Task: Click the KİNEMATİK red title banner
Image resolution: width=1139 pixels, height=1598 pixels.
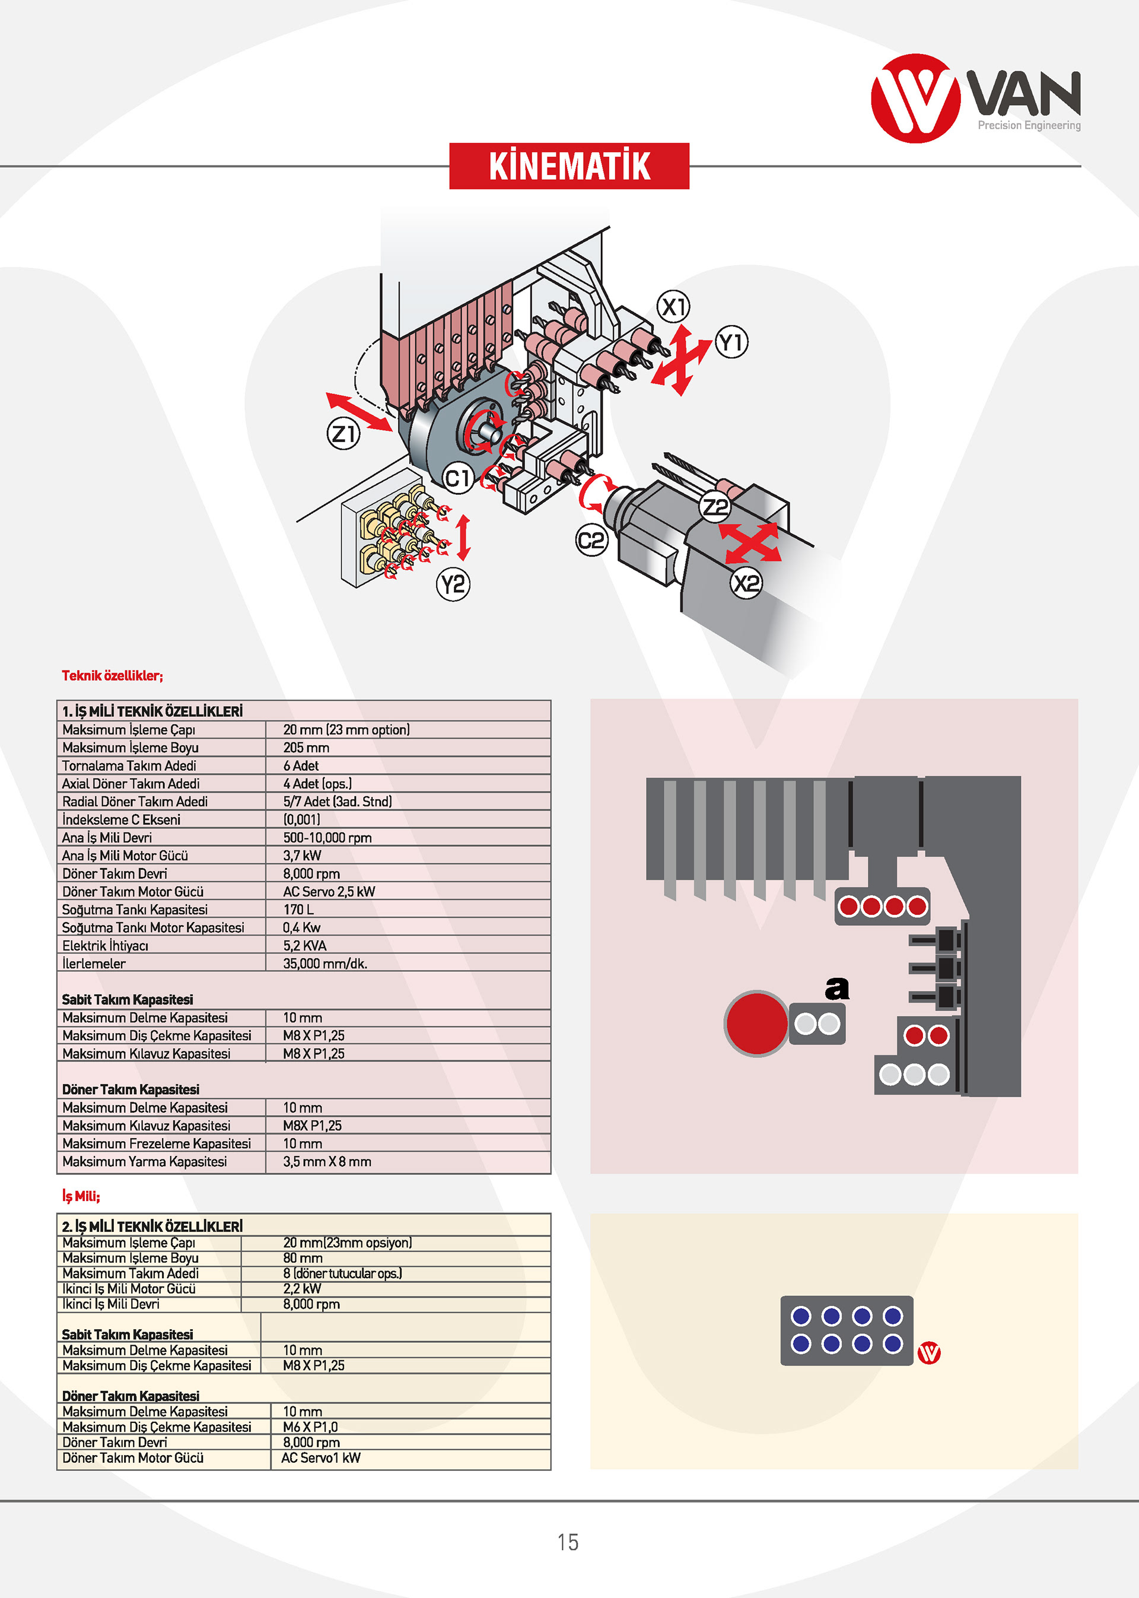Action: coord(569,166)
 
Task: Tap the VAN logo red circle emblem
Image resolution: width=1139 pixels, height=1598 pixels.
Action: coord(915,99)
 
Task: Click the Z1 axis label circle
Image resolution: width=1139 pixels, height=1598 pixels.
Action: coord(343,434)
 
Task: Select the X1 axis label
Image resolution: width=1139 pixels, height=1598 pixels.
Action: coord(673,307)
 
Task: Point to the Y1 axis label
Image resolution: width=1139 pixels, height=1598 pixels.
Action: coord(731,342)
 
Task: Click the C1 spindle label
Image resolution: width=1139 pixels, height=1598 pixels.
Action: coord(458,478)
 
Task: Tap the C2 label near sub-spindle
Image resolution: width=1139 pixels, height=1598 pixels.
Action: coord(591,541)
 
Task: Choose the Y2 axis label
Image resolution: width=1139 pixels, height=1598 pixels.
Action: coord(453,584)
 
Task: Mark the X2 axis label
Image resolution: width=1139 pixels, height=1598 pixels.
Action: coord(746,583)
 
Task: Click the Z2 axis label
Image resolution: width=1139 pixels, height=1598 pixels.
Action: coord(715,507)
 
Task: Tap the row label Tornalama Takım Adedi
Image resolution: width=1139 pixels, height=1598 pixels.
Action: coord(129,766)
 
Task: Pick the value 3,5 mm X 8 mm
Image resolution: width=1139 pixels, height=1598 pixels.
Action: coord(327,1162)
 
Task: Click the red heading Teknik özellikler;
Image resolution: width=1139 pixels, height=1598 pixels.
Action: coord(112,675)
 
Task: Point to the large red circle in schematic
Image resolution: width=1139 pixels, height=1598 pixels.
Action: coord(756,1024)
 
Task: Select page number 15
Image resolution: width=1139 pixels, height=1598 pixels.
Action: coord(568,1542)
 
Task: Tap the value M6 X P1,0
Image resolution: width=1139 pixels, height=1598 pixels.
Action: coord(310,1427)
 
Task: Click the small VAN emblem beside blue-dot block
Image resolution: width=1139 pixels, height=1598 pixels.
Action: coord(930,1353)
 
